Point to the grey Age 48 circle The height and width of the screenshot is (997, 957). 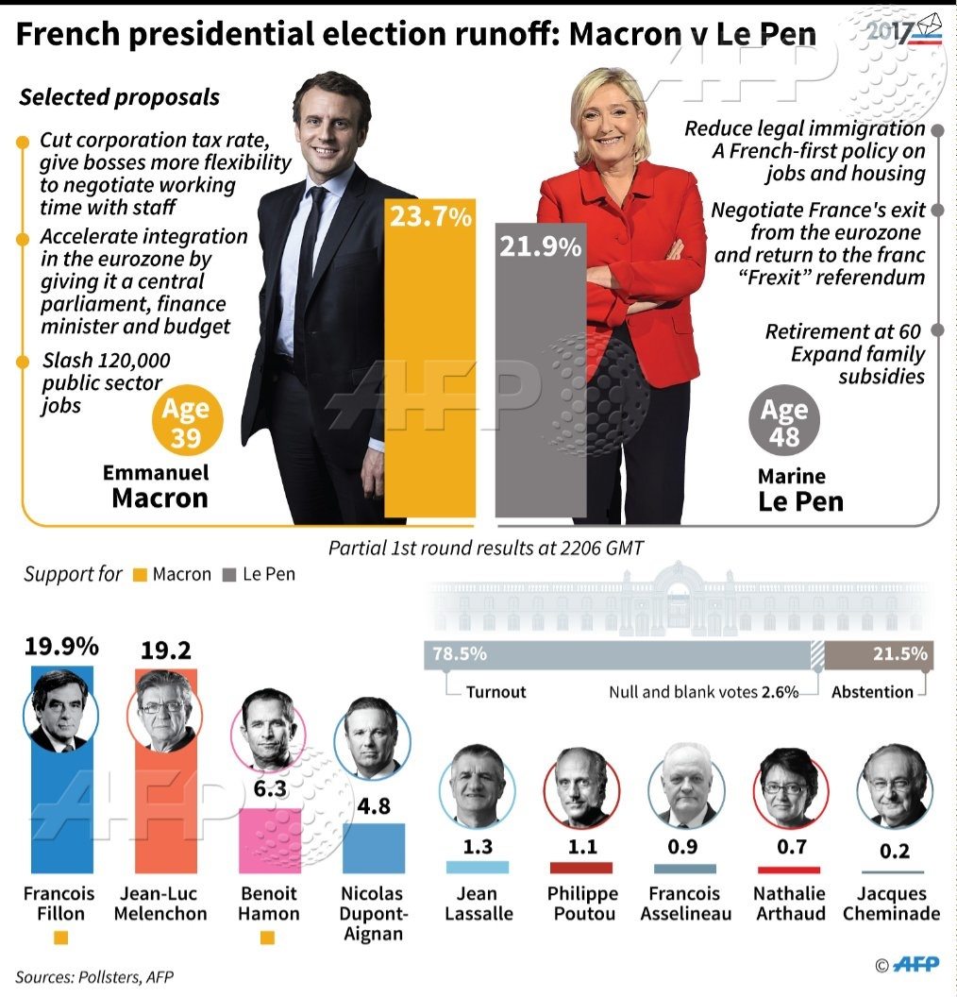784,424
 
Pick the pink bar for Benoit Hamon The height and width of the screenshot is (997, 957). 269,840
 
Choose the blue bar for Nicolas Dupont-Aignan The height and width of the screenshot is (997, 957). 374,848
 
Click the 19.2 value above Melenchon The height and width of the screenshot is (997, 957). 165,651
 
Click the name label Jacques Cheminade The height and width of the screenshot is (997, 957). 891,904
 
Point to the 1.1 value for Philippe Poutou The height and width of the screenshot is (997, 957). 583,846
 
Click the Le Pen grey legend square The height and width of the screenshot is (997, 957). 229,575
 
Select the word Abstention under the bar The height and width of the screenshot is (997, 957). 872,692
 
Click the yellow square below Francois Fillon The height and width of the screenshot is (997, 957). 61,938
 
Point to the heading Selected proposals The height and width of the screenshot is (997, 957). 120,97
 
